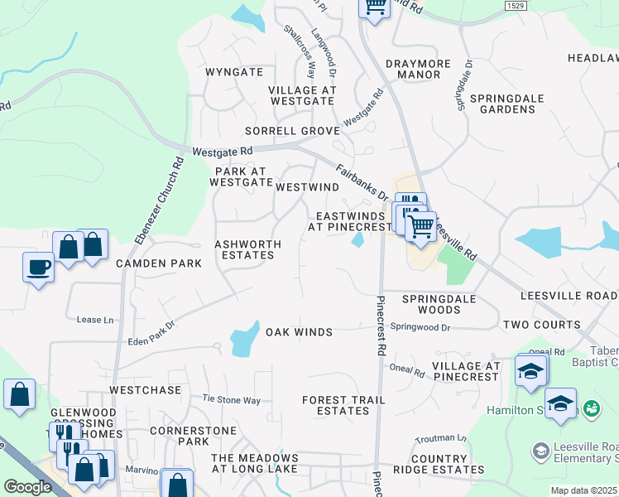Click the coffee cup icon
click(x=39, y=267)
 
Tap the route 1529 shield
click(x=516, y=6)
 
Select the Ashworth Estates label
click(x=247, y=250)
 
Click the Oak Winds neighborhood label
click(x=299, y=332)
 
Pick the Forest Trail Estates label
click(x=343, y=405)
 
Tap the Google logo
click(x=27, y=487)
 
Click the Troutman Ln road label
click(x=441, y=437)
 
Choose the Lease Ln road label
click(x=94, y=320)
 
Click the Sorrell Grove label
click(x=292, y=131)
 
